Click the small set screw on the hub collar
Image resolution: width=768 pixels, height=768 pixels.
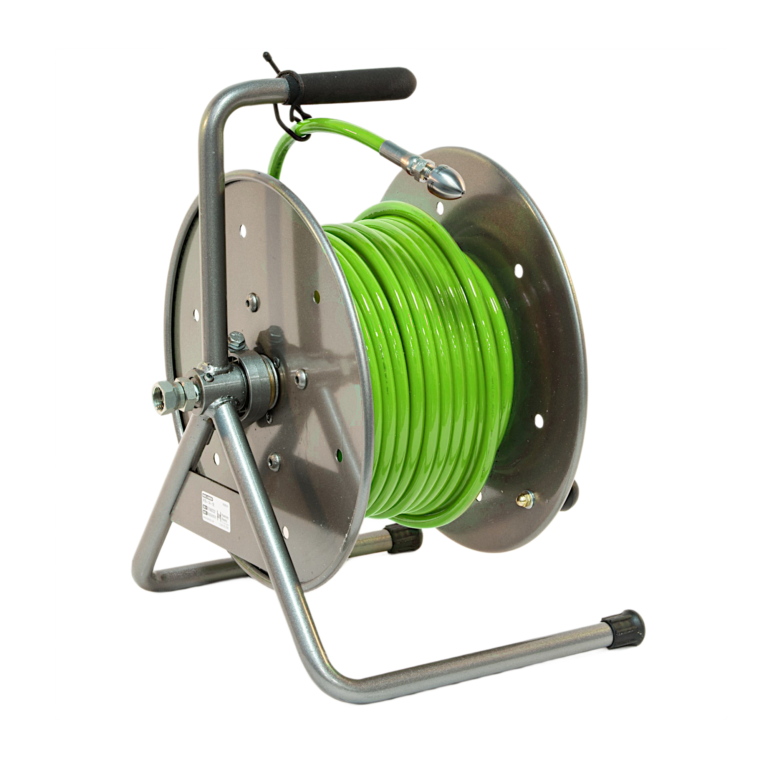[x=208, y=374]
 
